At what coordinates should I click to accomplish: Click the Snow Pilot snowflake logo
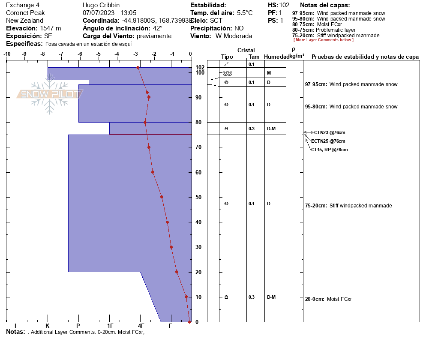49,94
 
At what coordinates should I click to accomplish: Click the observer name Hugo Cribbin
101,5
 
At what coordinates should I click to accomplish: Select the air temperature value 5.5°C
245,13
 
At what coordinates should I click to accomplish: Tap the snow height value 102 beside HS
285,5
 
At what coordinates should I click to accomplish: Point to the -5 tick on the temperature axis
98,54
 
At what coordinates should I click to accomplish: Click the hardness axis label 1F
110,326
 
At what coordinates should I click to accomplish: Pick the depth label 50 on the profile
198,197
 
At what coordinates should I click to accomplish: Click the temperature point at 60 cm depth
153,172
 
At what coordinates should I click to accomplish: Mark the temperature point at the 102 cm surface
138,68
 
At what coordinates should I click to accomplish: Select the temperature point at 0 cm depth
189,322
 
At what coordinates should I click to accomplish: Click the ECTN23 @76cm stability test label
328,132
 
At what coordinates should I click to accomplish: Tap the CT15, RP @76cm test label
329,150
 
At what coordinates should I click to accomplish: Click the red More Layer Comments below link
323,40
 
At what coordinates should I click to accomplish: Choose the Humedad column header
276,57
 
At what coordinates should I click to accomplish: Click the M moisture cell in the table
269,73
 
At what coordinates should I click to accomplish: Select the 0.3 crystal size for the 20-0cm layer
251,297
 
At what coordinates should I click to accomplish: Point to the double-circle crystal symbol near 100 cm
228,73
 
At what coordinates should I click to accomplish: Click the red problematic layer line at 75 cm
150,134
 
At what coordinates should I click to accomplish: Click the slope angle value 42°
158,28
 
